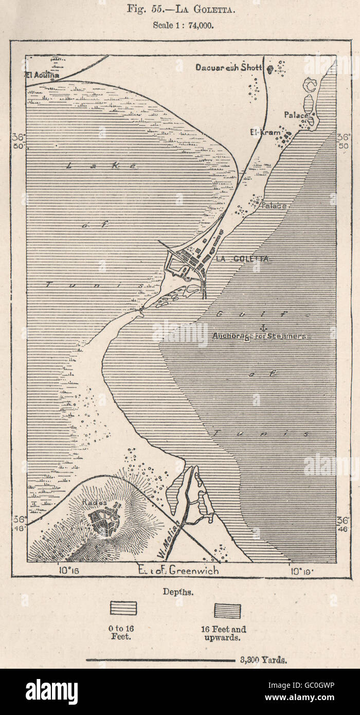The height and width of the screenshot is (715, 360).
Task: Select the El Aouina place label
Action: pyautogui.click(x=42, y=75)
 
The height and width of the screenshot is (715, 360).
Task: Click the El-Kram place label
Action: pyautogui.click(x=265, y=133)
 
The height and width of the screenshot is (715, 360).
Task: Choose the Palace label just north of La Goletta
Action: pyautogui.click(x=274, y=206)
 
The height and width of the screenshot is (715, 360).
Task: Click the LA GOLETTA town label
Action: pyautogui.click(x=243, y=259)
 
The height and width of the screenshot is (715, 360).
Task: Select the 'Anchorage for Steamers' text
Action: pyautogui.click(x=259, y=336)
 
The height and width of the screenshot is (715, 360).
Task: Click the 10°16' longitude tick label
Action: pyautogui.click(x=67, y=570)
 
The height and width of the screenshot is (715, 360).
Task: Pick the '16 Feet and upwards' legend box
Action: pyautogui.click(x=227, y=611)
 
